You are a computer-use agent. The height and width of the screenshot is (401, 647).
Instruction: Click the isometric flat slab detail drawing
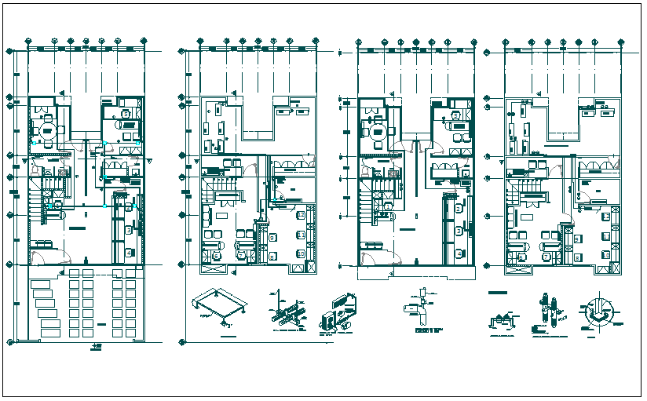[x=217, y=307]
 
